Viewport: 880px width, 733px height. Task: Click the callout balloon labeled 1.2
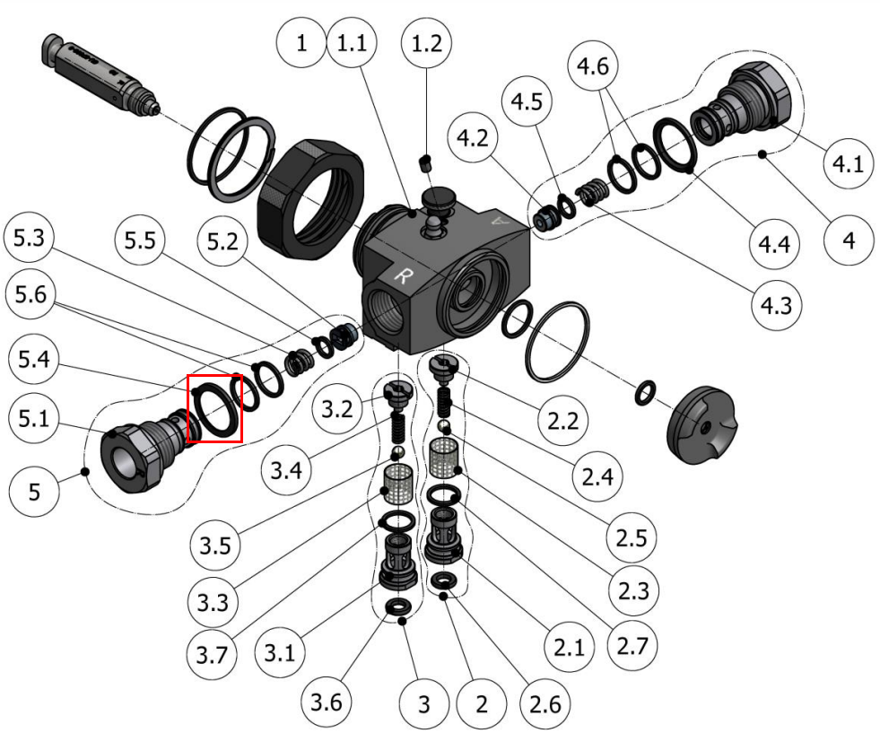pyautogui.click(x=426, y=43)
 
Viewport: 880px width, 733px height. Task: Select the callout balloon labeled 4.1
pyautogui.click(x=848, y=164)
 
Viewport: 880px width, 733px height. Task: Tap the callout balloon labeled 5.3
pyautogui.click(x=29, y=238)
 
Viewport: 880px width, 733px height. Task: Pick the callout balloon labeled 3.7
pyautogui.click(x=212, y=654)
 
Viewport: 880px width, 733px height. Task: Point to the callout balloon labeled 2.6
pyautogui.click(x=545, y=703)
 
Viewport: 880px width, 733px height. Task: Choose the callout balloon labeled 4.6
pyautogui.click(x=593, y=65)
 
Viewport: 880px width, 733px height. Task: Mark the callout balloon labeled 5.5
pyautogui.click(x=140, y=240)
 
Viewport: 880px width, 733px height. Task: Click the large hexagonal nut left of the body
pyautogui.click(x=309, y=198)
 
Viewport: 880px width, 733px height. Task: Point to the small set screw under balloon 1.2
pyautogui.click(x=426, y=162)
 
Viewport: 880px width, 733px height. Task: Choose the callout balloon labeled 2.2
pyautogui.click(x=563, y=420)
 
